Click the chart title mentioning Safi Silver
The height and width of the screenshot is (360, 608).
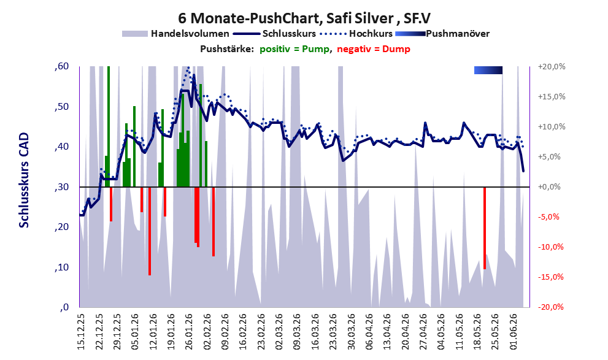[x=304, y=18]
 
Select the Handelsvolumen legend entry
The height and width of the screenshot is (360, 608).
[x=175, y=34]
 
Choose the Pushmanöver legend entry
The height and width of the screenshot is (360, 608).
[x=442, y=34]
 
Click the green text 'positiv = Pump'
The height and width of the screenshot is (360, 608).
[x=295, y=49]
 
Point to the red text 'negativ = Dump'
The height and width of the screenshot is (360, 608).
[x=374, y=49]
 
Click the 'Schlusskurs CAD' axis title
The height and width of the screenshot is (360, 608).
[x=24, y=180]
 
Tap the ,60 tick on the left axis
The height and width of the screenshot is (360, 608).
[x=61, y=66]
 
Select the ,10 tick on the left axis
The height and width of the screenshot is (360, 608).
[x=61, y=267]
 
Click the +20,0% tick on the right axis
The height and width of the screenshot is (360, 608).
[x=552, y=67]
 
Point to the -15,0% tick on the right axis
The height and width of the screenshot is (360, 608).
[x=550, y=277]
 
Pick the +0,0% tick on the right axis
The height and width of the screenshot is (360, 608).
[x=550, y=187]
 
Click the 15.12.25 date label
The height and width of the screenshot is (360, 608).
[x=80, y=332]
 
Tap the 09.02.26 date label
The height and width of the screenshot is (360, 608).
[x=225, y=332]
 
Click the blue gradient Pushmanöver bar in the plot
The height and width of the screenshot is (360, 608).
[x=488, y=70]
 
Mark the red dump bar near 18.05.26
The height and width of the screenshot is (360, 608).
[x=485, y=228]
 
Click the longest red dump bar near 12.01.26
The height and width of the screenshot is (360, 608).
[x=150, y=231]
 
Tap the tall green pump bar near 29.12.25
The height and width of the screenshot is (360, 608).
[x=109, y=127]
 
